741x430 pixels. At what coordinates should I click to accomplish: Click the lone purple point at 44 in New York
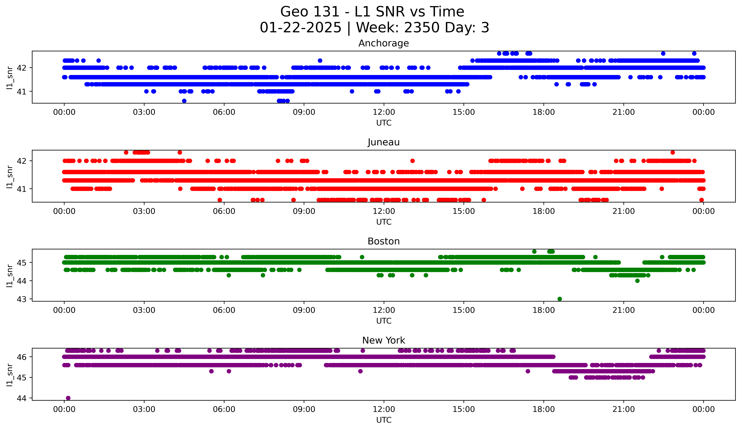coord(68,398)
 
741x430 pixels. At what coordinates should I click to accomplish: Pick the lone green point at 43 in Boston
coord(560,299)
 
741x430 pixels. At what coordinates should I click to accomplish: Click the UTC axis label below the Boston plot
coord(384,321)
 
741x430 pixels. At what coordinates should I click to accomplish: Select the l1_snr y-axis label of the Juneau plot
coord(10,176)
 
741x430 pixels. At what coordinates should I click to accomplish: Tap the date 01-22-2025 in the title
coord(300,28)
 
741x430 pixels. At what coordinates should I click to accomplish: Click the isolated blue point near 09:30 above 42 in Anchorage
coord(320,61)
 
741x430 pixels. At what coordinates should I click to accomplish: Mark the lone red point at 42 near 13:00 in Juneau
coord(412,161)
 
